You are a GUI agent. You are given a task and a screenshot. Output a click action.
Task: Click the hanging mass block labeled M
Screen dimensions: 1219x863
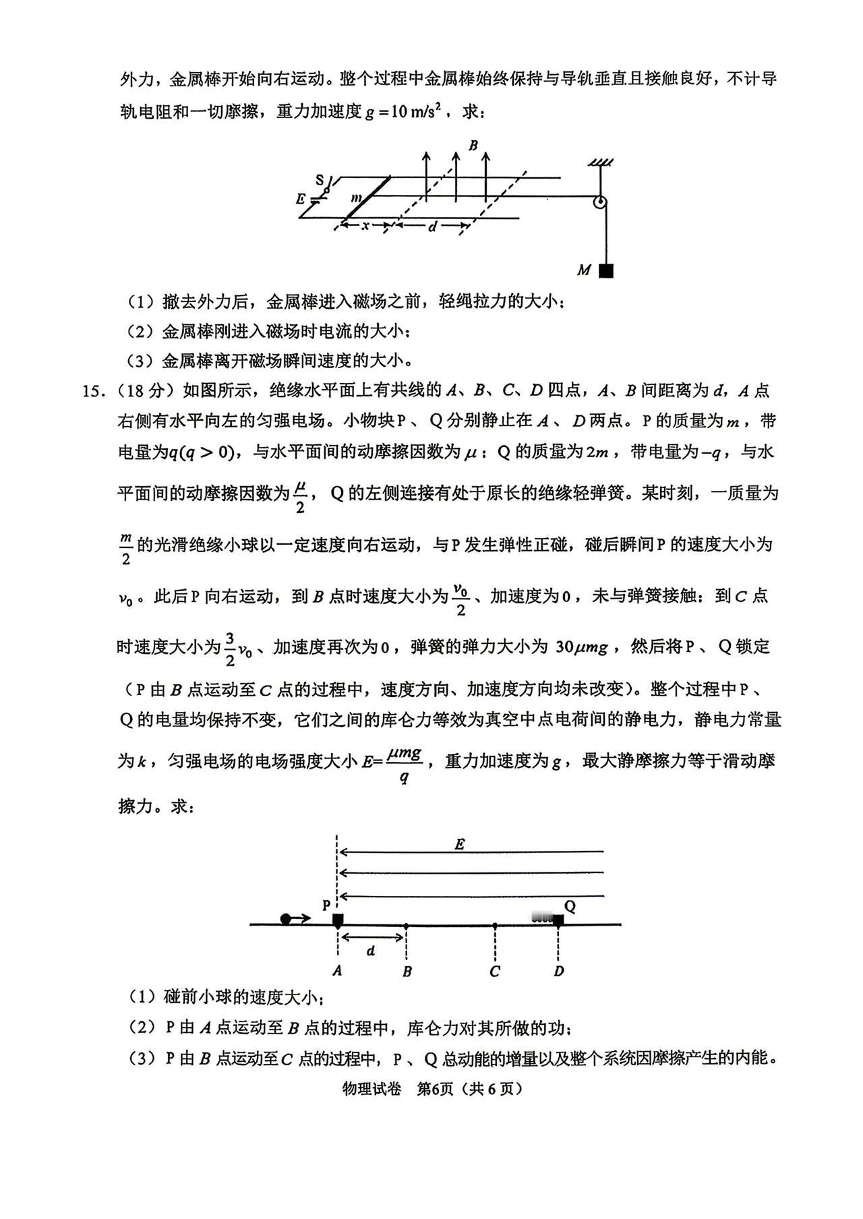[x=606, y=270]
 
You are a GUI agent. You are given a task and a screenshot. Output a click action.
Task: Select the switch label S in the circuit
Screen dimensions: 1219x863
[x=320, y=179]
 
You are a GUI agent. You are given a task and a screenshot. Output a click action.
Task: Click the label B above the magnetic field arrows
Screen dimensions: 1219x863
[x=473, y=146]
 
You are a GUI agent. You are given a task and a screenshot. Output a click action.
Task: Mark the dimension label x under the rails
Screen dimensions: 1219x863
[x=365, y=226]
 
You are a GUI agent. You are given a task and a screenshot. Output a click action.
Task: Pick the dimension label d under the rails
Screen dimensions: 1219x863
[x=431, y=227]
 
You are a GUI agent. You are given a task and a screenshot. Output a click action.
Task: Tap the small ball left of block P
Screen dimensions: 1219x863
[x=286, y=918]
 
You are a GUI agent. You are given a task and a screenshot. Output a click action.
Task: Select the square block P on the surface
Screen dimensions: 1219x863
[x=338, y=920]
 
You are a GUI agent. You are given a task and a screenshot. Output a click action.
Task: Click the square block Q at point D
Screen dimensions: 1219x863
[x=558, y=920]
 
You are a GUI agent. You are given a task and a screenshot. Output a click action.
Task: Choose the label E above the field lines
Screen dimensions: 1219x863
[x=460, y=843]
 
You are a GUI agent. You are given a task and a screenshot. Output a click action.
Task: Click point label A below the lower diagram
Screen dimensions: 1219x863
[x=337, y=972]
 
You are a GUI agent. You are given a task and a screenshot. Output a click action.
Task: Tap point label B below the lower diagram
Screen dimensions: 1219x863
[x=407, y=972]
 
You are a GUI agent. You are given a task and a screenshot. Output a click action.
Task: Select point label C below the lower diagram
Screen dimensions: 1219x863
[x=495, y=972]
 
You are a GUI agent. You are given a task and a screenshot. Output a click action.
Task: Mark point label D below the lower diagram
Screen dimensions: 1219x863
[x=558, y=972]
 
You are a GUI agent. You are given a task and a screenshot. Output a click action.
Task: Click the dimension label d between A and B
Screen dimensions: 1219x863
[x=370, y=951]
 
